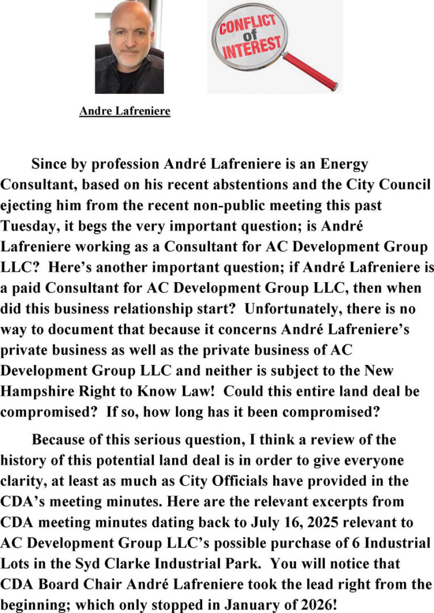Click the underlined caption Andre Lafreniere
125,111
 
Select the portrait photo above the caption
129,47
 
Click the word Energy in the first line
345,164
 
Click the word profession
117,164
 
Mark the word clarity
20,481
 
